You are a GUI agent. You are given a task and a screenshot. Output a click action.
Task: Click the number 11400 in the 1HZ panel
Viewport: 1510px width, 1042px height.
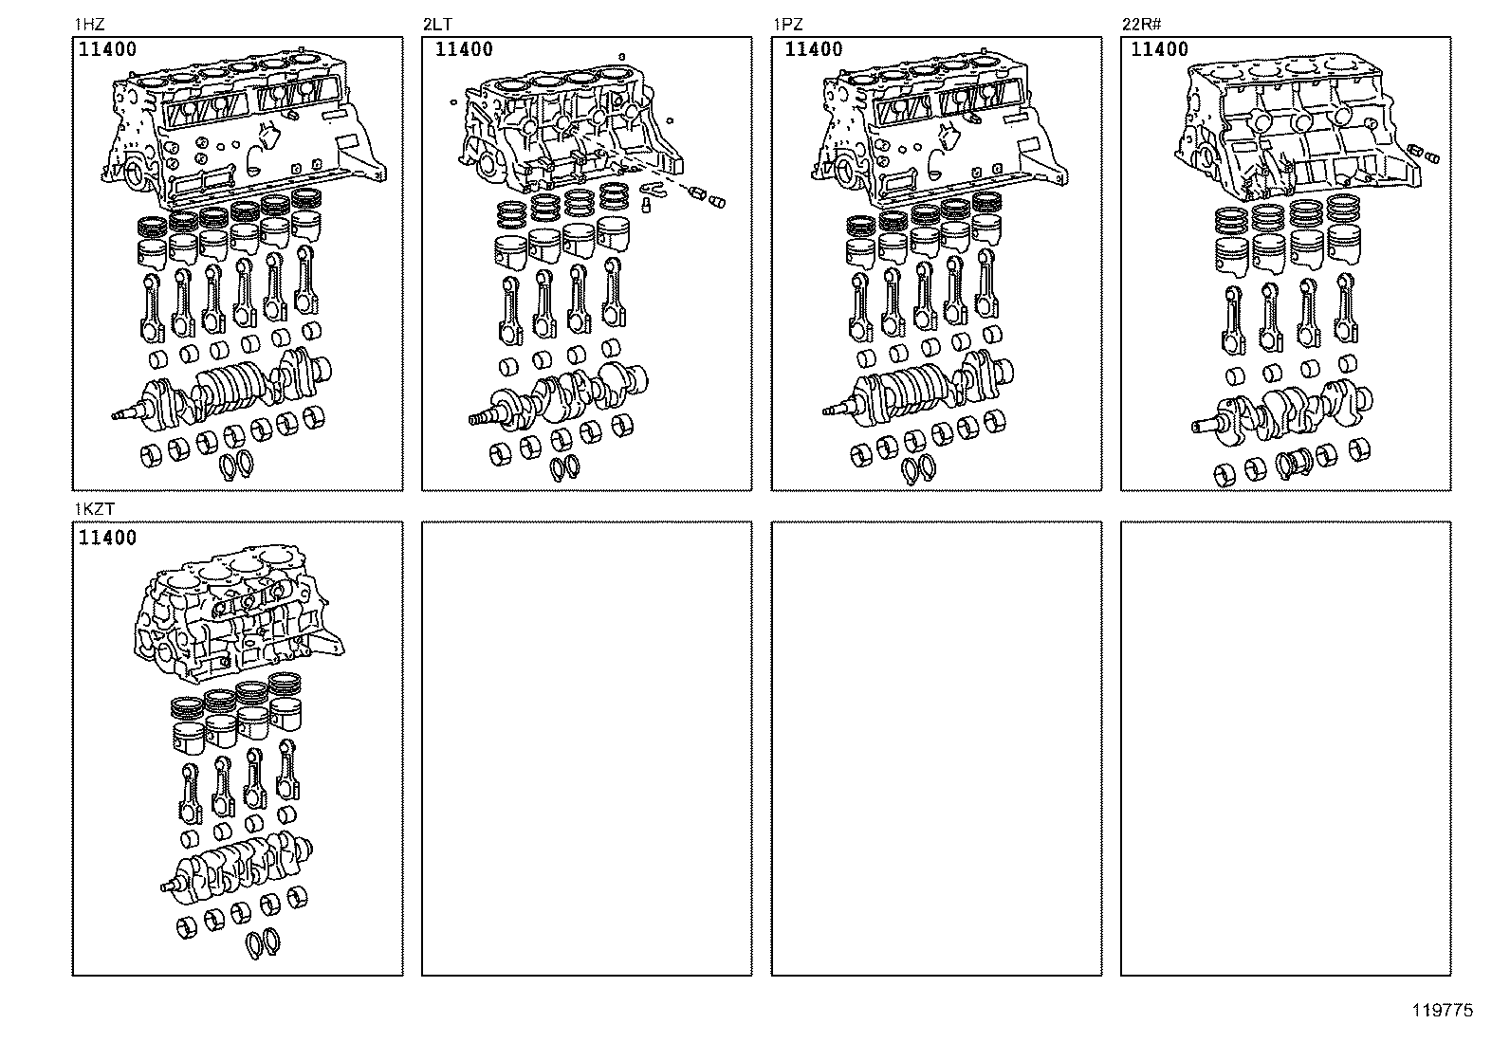tap(107, 50)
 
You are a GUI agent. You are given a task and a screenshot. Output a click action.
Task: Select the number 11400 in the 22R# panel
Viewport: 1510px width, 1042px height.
tap(1160, 50)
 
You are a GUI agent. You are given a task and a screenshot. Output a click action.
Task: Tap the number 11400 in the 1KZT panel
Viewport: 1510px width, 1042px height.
tap(107, 538)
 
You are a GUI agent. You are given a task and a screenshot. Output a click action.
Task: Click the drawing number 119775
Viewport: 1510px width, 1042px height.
tap(1443, 1011)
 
